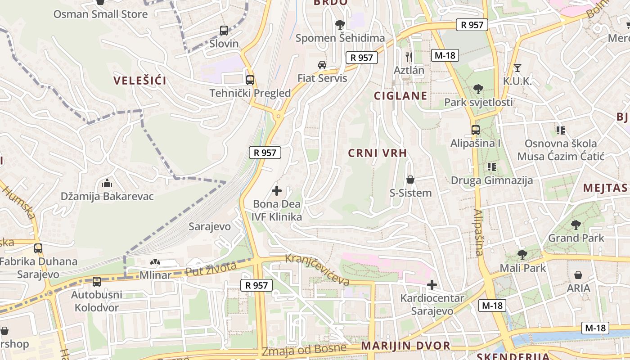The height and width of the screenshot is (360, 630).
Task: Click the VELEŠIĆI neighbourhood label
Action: click(140, 81)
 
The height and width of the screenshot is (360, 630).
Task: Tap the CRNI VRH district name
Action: click(378, 153)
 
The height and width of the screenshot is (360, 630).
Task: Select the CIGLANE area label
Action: click(400, 96)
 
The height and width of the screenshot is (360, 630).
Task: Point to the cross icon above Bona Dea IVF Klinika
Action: click(277, 191)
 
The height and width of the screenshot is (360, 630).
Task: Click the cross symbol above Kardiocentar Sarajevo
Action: click(432, 285)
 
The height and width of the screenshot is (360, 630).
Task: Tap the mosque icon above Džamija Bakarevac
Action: click(107, 183)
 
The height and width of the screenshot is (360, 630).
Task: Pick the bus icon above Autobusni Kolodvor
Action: click(96, 282)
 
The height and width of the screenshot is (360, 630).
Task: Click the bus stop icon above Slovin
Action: click(224, 31)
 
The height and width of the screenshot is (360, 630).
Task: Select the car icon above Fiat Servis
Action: click(322, 65)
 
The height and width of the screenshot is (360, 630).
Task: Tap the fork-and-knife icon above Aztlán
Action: click(409, 57)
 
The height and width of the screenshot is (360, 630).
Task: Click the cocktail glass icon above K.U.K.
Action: click(517, 68)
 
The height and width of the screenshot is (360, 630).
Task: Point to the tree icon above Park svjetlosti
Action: click(478, 89)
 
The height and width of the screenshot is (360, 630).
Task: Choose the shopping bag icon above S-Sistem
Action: click(410, 180)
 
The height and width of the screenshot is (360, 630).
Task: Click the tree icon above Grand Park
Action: click(576, 225)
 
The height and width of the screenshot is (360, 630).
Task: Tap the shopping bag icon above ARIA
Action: click(578, 274)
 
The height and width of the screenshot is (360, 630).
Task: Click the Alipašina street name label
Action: click(478, 232)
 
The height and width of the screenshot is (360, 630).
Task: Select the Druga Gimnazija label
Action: click(492, 180)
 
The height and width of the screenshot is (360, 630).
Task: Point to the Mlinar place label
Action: click(156, 274)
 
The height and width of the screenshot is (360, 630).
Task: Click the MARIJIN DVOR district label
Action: click(405, 346)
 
